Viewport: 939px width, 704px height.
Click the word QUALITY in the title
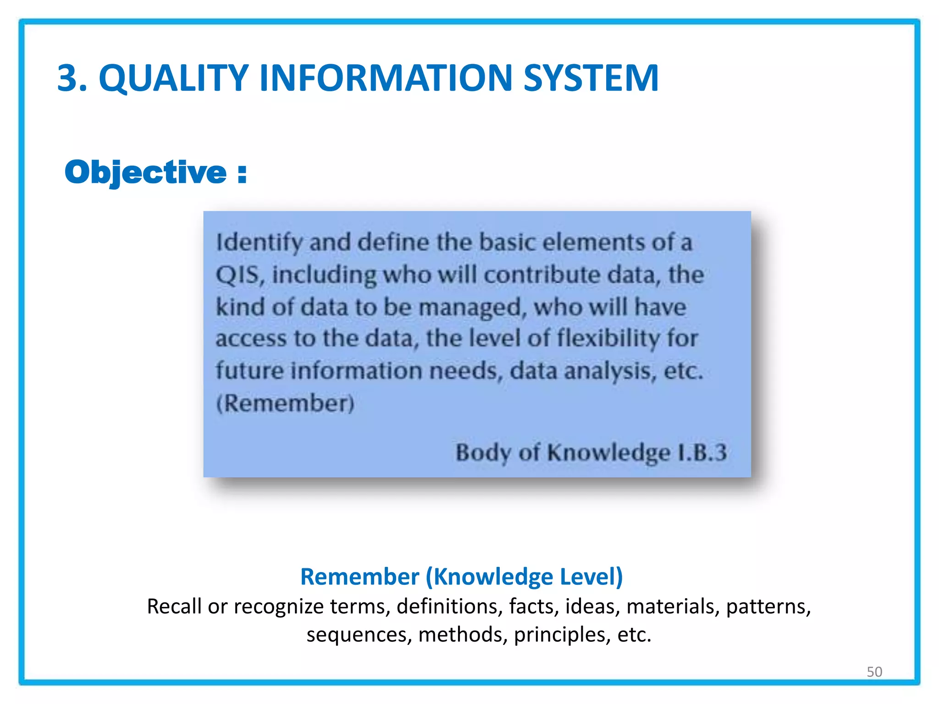pos(173,78)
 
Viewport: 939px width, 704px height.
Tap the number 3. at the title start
pos(72,78)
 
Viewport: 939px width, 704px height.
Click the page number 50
pos(874,671)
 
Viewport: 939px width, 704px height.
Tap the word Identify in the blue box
pos(259,243)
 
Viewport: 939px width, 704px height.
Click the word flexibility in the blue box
pos(608,339)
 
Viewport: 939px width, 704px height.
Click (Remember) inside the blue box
pos(285,403)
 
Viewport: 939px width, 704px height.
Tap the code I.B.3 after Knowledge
pos(702,452)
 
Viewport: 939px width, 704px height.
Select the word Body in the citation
pos(483,453)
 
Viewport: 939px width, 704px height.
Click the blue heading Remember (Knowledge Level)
pos(461,576)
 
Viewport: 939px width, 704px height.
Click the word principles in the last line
pos(562,635)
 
